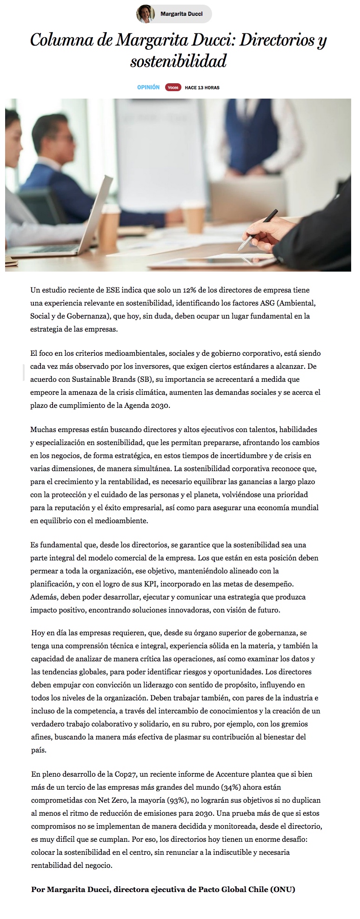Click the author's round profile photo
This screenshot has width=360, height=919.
[146, 14]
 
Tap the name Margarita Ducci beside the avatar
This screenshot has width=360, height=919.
[181, 14]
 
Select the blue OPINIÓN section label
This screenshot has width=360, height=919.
[148, 87]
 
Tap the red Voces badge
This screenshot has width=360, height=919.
[173, 87]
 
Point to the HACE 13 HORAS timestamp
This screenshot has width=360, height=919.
[202, 87]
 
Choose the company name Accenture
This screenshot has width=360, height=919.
[234, 774]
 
